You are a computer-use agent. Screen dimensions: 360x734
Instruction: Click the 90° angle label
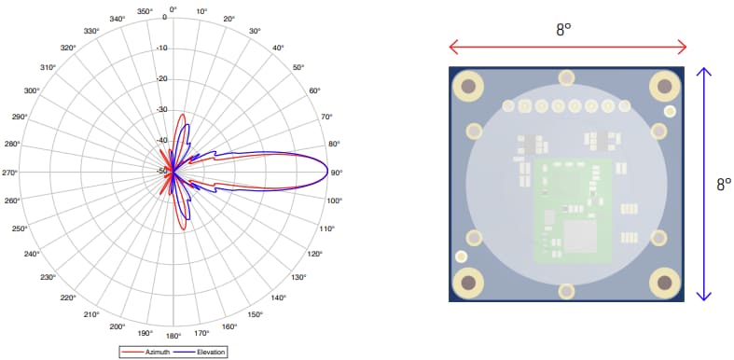click(x=337, y=173)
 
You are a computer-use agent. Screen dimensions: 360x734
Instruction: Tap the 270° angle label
click(x=10, y=173)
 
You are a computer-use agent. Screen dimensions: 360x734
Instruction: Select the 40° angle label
click(x=278, y=48)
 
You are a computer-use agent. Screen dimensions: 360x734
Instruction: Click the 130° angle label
click(x=298, y=277)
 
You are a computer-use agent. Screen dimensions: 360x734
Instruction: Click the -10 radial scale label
click(x=161, y=48)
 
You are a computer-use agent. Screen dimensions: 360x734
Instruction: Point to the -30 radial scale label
click(x=161, y=109)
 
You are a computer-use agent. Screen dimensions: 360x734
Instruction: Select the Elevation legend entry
click(x=206, y=352)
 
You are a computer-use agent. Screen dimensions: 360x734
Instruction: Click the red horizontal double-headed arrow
click(x=567, y=47)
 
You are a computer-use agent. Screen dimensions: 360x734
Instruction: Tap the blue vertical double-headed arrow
click(x=706, y=183)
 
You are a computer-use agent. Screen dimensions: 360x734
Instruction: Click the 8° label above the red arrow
click(x=563, y=29)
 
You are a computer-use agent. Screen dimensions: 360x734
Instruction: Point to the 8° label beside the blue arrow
click(x=723, y=185)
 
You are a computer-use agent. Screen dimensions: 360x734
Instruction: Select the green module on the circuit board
click(x=571, y=209)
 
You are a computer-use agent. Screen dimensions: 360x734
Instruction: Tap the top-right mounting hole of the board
click(x=663, y=87)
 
